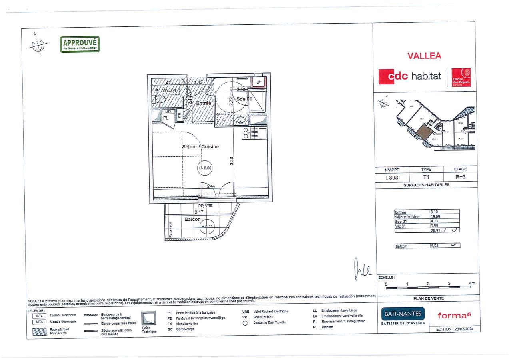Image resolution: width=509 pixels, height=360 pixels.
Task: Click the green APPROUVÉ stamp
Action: pyautogui.click(x=80, y=44)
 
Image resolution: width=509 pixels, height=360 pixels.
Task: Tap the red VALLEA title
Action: pyautogui.click(x=424, y=56)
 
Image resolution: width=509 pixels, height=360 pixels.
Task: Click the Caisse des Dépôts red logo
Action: pyautogui.click(x=461, y=77)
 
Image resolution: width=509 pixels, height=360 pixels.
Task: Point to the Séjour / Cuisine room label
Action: pyautogui.click(x=200, y=146)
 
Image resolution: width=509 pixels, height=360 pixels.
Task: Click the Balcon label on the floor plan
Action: pyautogui.click(x=192, y=219)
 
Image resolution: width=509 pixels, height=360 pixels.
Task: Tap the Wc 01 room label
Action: pyautogui.click(x=168, y=90)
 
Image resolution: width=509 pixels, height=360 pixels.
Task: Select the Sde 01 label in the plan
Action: pyautogui.click(x=244, y=99)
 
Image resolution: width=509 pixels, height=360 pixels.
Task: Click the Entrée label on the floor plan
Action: pyautogui.click(x=203, y=103)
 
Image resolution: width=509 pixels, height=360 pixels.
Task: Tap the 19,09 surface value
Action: pyautogui.click(x=435, y=217)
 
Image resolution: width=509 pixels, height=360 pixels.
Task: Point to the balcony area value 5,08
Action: pyautogui.click(x=435, y=246)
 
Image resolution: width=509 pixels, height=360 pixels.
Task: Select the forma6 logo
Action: pyautogui.click(x=454, y=315)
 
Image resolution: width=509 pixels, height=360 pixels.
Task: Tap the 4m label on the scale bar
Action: pyautogui.click(x=472, y=284)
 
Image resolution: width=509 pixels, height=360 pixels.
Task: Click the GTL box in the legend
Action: pyautogui.click(x=38, y=315)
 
